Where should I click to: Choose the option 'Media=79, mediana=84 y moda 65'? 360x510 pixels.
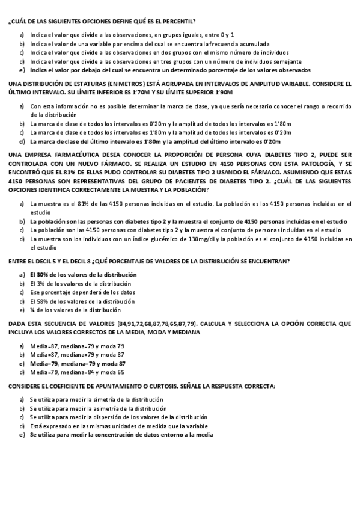coord(77,372)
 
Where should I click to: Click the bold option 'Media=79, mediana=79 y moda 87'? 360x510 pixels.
coord(78,363)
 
